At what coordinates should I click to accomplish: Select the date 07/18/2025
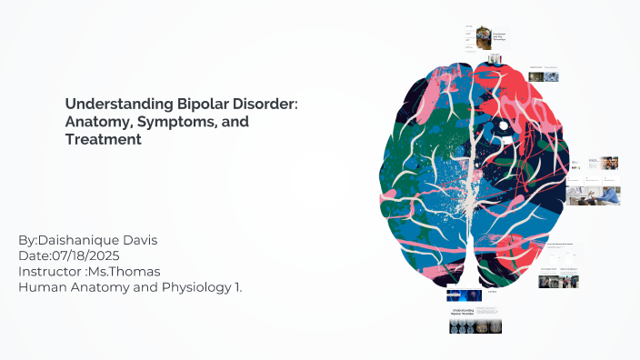pos(83,255)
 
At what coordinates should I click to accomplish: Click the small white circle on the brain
pos(502,124)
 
